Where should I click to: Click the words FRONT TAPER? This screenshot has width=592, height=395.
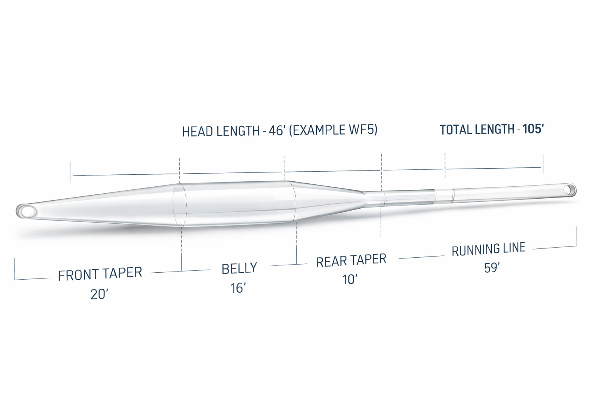point(100,274)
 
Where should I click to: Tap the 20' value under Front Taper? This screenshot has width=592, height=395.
point(99,294)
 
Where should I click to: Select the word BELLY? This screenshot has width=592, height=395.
point(239,268)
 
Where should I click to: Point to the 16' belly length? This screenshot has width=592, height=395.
point(238,288)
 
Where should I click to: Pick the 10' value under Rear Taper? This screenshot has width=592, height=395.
point(350,280)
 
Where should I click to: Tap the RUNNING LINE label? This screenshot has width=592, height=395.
point(489,249)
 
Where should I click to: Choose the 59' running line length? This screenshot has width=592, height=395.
point(492,268)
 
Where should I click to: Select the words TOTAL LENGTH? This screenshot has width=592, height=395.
point(477,130)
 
